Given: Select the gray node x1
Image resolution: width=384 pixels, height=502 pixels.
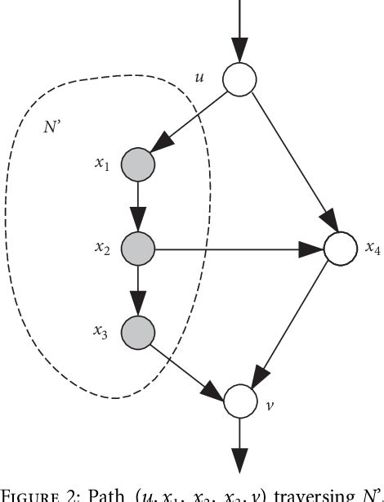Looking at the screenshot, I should tap(137, 165).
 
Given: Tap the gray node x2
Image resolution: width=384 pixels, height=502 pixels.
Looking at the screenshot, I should tap(137, 249).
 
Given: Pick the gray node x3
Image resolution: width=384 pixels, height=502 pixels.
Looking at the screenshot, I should tap(137, 331).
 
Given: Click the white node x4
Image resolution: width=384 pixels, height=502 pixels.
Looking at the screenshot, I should tap(341, 249).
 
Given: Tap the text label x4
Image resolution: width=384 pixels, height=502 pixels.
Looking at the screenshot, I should tap(372, 249).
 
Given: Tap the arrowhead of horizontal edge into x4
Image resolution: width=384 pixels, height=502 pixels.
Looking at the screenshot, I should tap(312, 249).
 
